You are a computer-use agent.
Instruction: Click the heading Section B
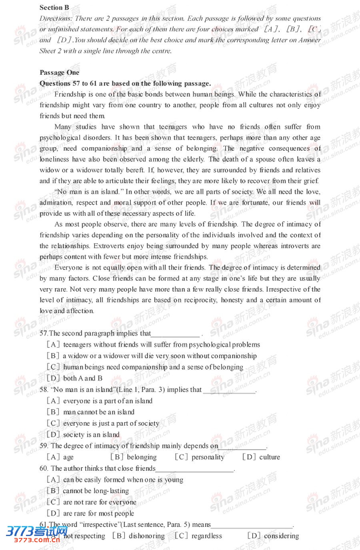[54, 7]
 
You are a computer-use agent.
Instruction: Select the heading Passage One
[60, 72]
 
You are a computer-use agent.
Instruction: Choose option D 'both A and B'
[82, 378]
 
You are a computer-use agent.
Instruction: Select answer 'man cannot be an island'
[98, 412]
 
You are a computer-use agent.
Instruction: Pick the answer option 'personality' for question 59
[208, 457]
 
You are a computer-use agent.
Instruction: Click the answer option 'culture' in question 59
[270, 457]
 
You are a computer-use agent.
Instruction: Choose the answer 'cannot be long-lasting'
[96, 490]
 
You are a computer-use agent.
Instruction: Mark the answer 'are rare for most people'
[98, 513]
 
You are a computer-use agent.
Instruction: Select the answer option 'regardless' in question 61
[206, 536]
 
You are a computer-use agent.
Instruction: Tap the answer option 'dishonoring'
[146, 536]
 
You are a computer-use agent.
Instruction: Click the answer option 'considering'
[281, 536]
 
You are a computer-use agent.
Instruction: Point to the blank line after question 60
[194, 469]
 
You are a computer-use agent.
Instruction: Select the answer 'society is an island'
[91, 434]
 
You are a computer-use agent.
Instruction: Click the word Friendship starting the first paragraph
[70, 94]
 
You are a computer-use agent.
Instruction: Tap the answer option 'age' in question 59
[68, 457]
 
